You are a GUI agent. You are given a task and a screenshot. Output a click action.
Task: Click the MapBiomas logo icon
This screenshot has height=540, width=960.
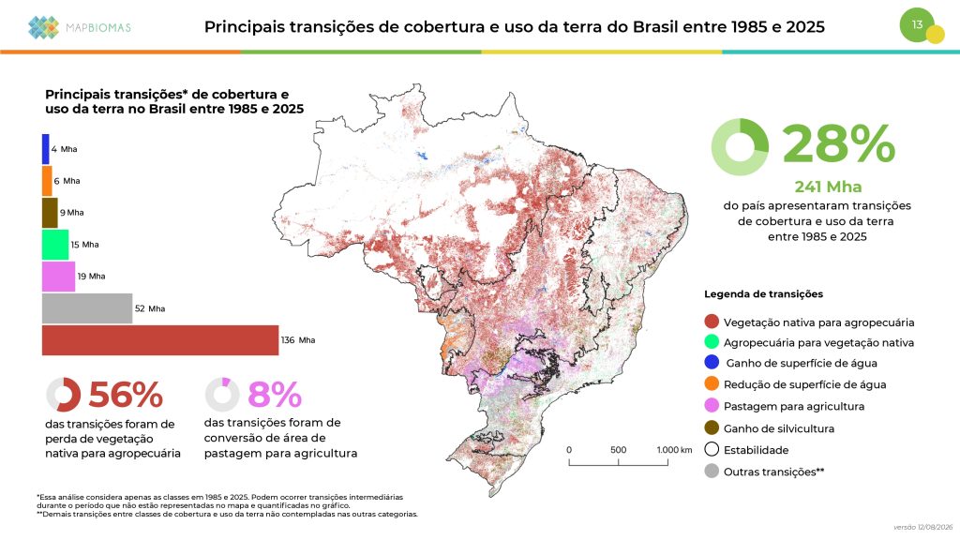[43, 27]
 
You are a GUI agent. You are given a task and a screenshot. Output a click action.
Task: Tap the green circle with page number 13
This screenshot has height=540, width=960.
[917, 25]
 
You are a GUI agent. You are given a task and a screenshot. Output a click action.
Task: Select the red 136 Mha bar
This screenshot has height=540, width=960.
[160, 340]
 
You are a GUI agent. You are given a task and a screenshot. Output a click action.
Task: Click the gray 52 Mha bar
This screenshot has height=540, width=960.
[87, 308]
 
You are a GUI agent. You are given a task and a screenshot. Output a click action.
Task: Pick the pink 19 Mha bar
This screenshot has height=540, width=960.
[59, 277]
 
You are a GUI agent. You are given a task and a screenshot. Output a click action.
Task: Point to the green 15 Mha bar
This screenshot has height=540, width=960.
[55, 245]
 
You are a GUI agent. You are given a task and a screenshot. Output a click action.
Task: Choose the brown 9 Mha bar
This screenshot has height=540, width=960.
[50, 213]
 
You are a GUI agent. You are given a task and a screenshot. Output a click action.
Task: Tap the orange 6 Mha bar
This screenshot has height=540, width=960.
[47, 181]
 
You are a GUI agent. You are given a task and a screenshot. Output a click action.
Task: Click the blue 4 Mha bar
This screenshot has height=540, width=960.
[46, 149]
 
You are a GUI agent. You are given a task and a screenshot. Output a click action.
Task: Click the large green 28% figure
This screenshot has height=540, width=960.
[839, 144]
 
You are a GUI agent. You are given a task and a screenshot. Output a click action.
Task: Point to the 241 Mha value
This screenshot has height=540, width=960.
[828, 187]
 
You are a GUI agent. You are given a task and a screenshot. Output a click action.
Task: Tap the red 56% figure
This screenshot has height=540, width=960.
[126, 395]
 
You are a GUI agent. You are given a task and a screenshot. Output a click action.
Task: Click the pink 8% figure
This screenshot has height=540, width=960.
[275, 395]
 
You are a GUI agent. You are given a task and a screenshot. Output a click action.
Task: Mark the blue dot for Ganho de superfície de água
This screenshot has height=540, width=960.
[712, 363]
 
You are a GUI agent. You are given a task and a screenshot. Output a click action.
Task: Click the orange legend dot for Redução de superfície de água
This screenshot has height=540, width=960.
[712, 383]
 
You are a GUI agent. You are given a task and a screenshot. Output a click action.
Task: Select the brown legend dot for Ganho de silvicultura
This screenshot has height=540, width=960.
[712, 427]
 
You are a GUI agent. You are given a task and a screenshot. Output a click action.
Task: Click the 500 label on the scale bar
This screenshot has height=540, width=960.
[619, 450]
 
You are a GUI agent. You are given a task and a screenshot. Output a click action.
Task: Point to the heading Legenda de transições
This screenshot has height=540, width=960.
[763, 293]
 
